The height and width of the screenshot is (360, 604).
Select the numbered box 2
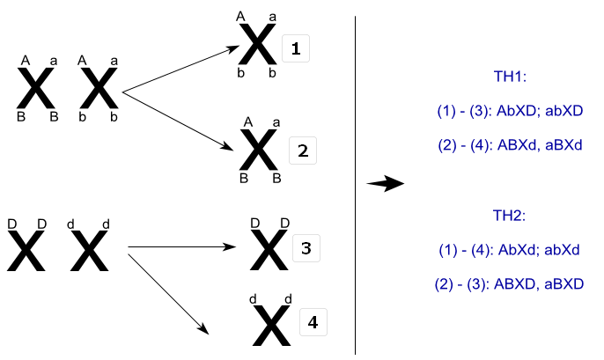tap(302, 151)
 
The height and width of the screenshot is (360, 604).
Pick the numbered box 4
tap(313, 323)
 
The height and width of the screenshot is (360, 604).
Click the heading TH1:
tap(512, 78)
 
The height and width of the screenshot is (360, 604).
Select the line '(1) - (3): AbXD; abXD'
tap(510, 111)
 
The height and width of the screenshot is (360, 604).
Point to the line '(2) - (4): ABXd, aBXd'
tap(510, 144)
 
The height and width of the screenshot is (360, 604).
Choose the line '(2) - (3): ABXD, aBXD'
tap(510, 283)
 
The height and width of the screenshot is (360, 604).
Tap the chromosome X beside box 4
tap(269, 326)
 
